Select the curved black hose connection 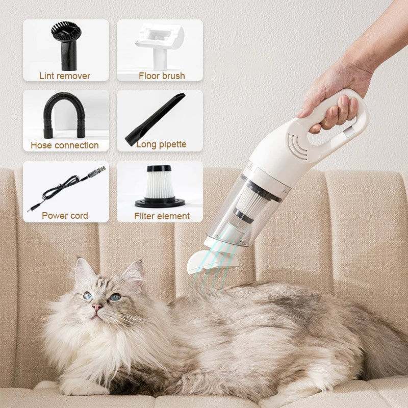pos(64,114)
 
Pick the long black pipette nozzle pos(155,119)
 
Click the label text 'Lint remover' pos(65,76)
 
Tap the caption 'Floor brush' pos(162,76)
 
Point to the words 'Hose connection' pos(65,145)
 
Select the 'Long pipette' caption pos(161,145)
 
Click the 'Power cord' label pos(65,215)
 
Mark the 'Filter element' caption pos(162,216)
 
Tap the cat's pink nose pos(97,308)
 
